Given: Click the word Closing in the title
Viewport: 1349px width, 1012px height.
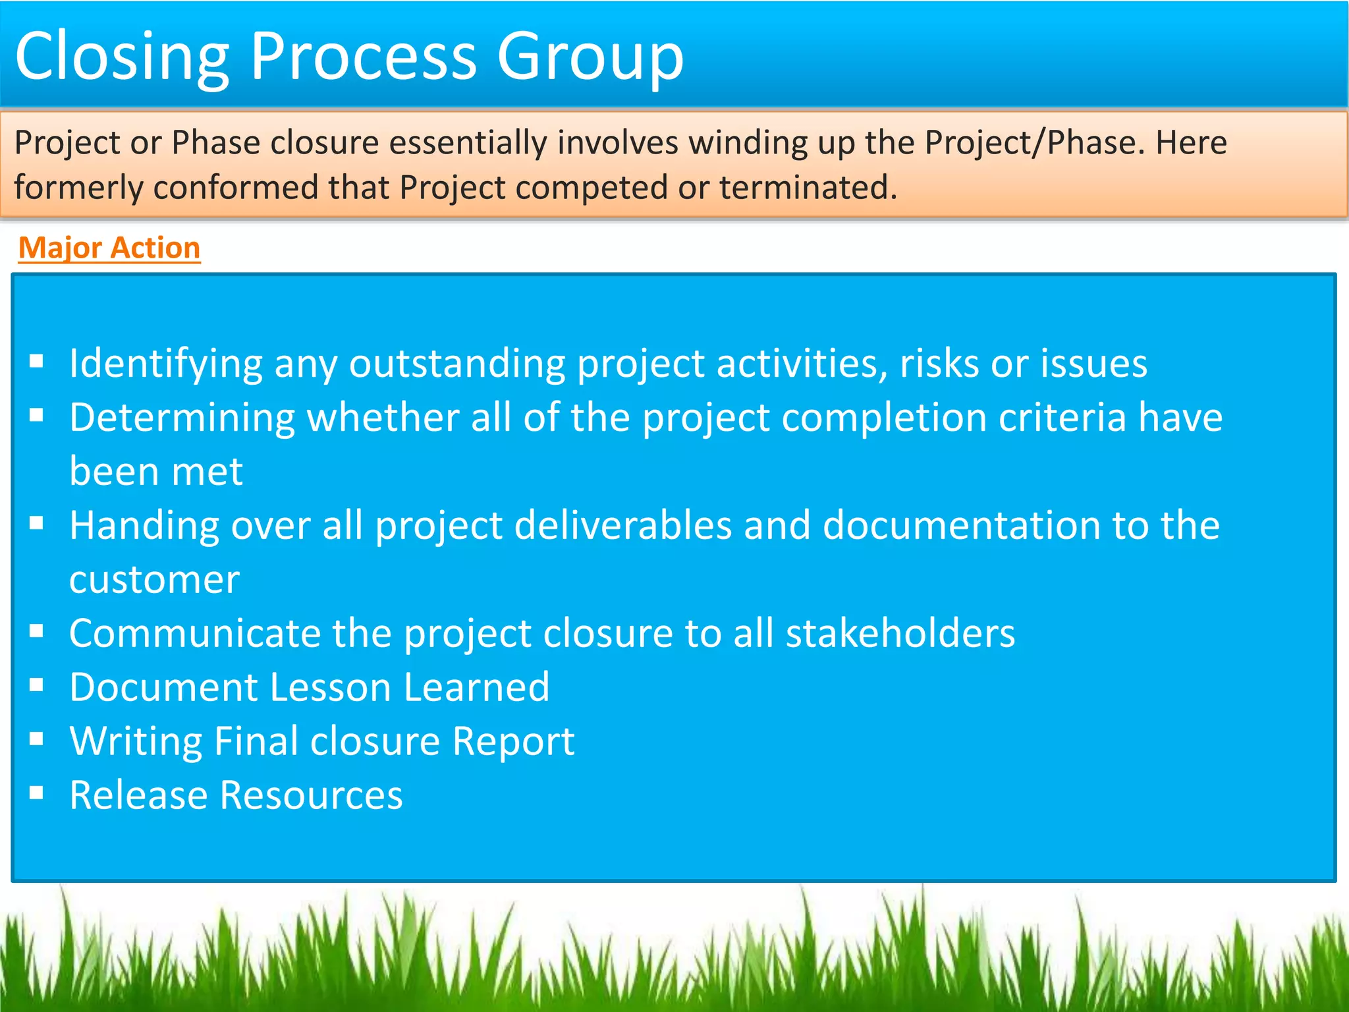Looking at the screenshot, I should tap(122, 58).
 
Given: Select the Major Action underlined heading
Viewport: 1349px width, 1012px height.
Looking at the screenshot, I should tap(109, 248).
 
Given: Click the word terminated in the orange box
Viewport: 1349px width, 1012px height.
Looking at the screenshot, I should tap(808, 188).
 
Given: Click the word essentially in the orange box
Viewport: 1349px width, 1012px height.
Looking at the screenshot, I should tap(468, 143).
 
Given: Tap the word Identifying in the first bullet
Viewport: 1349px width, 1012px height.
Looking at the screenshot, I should tap(166, 364).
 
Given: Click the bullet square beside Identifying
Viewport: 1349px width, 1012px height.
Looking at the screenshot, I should tap(37, 360).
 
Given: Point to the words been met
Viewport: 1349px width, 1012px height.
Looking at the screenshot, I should tap(156, 472).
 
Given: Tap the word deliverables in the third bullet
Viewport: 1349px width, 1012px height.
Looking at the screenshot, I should tap(622, 526).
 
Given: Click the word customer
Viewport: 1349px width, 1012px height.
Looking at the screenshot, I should tap(154, 580).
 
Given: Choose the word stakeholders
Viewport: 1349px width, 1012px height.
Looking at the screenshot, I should tap(900, 634).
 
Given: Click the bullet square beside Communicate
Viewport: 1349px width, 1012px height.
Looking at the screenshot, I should tap(37, 631).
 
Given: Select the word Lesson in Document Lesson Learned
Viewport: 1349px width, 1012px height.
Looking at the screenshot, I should tap(331, 688).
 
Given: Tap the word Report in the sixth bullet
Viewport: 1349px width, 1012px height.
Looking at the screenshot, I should tap(513, 742).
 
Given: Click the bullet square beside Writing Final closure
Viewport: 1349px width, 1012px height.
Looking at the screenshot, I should tap(37, 739).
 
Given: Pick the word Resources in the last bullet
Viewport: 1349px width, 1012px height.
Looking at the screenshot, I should tap(311, 796).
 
